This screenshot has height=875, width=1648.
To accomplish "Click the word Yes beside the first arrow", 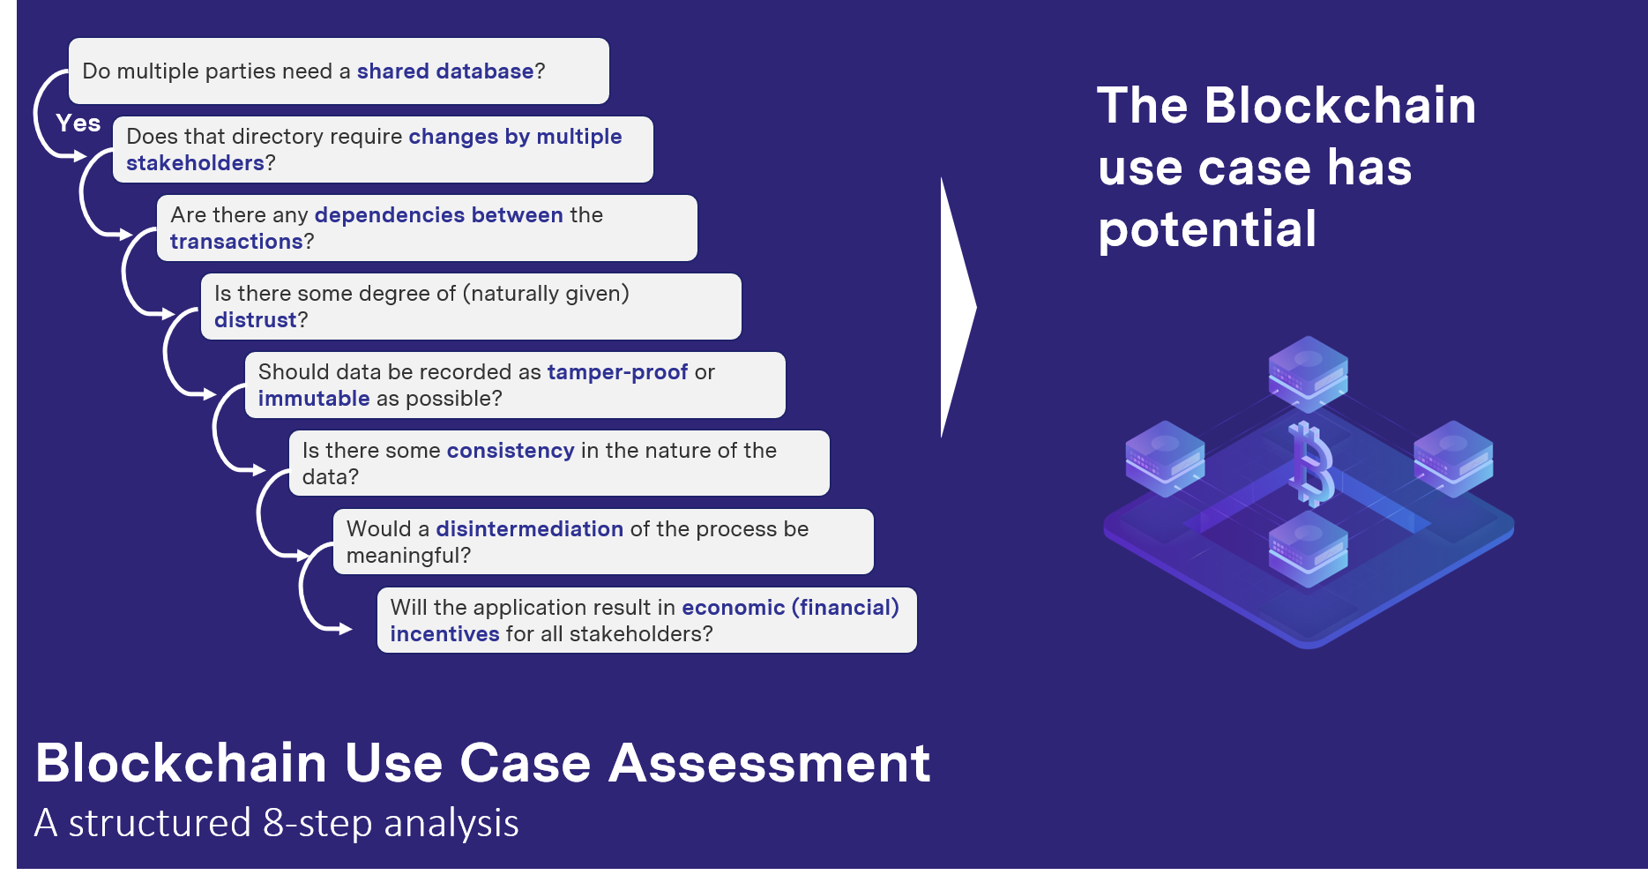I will point(78,123).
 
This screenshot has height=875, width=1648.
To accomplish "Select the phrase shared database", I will point(444,71).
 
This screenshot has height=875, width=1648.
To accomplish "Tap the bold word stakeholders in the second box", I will point(195,163).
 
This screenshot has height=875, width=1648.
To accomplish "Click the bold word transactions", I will point(236,242).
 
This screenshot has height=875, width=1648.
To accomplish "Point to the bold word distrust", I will point(256,320).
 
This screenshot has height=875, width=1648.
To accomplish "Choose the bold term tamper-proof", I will point(617,372).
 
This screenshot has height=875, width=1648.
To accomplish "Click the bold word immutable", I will point(314,399).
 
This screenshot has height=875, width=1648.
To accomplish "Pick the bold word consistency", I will point(511,451).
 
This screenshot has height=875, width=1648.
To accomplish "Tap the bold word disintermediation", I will point(529,529).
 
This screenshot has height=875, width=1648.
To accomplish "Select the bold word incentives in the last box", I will point(444,634).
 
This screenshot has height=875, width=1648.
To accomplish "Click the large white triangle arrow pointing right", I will point(957,307).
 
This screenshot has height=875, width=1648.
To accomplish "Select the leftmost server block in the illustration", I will point(1165,457).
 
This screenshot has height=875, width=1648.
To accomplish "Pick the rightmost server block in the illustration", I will point(1453,457).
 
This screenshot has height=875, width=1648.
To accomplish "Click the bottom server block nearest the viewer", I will point(1309,548).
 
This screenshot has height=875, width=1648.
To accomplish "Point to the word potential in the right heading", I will point(1207,229).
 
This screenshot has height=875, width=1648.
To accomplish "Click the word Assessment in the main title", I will point(769,763).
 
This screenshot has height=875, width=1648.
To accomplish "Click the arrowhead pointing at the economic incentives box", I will point(346,629).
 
